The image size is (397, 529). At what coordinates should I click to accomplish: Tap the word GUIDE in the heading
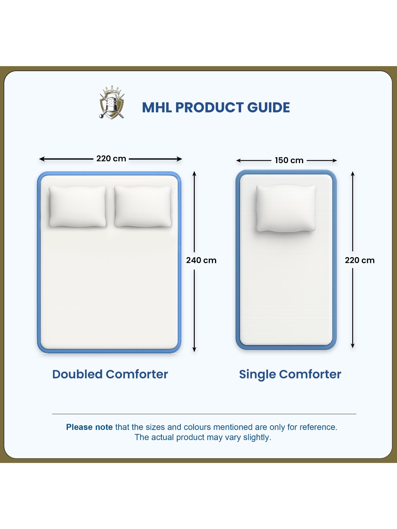268,108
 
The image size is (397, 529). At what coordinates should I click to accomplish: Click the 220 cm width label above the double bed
111,159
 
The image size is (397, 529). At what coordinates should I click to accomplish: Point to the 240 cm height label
201,260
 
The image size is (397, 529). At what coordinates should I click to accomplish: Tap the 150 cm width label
289,160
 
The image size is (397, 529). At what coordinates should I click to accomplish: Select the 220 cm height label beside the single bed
359,260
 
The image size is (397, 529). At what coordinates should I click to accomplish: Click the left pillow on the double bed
78,206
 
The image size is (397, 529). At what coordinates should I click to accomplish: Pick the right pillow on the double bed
143,206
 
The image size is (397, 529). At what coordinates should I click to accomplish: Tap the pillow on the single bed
286,208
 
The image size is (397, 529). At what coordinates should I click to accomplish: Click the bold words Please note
89,427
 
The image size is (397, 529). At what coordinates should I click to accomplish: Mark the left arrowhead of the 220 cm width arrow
41,159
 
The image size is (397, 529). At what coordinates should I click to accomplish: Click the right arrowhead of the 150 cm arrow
335,160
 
